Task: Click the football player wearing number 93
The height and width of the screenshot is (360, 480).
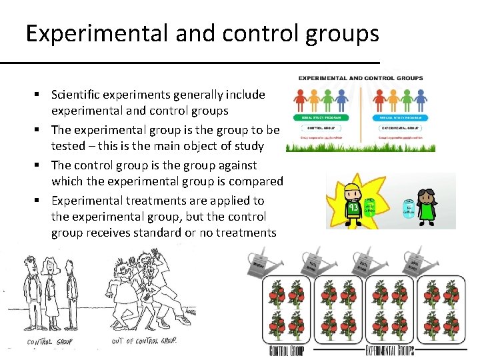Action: (353, 201)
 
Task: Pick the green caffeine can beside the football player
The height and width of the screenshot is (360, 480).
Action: (371, 207)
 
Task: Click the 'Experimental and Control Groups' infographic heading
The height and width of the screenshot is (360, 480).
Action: (361, 78)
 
